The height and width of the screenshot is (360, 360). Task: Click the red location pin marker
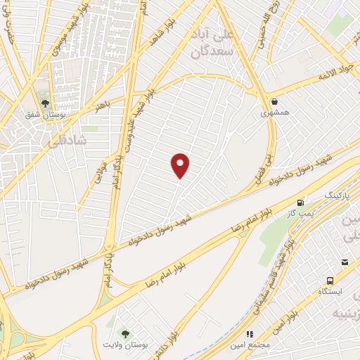click(x=181, y=165)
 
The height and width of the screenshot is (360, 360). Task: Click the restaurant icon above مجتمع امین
click(x=248, y=335)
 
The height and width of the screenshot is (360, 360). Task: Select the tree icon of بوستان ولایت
click(x=125, y=334)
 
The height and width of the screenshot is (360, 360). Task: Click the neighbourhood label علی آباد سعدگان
click(x=211, y=42)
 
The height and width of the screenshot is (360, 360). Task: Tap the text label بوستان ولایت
click(x=125, y=347)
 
